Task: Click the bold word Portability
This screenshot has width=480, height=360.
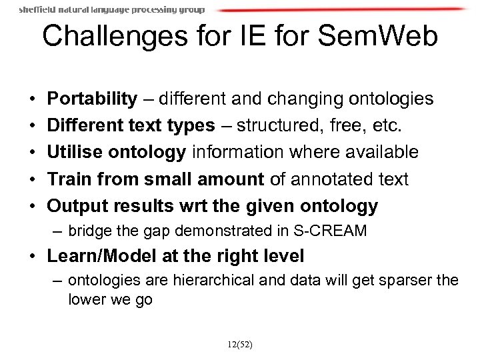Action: click(x=91, y=99)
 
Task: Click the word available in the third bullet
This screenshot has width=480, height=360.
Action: click(x=379, y=152)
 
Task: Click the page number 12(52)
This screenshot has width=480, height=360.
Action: click(x=239, y=346)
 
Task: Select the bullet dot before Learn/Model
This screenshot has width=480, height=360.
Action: click(x=33, y=257)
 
